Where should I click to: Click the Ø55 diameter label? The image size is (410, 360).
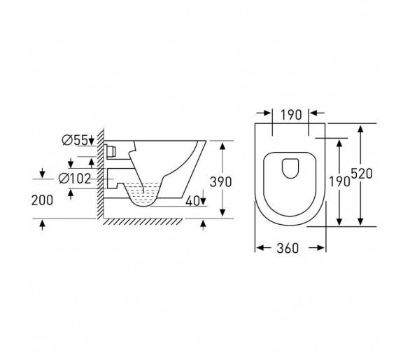[x=75, y=140]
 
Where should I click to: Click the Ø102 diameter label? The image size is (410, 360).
[x=75, y=179]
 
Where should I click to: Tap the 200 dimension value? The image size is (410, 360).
[x=42, y=200]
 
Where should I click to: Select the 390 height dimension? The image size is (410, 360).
[x=220, y=182]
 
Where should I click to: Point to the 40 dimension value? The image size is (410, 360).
[x=192, y=201]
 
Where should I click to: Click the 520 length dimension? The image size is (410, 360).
[x=362, y=174]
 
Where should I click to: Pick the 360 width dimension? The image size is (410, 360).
[x=288, y=248]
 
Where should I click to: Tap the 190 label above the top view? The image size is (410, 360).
[x=291, y=115]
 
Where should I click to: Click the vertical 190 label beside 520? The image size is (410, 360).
[x=339, y=181]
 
